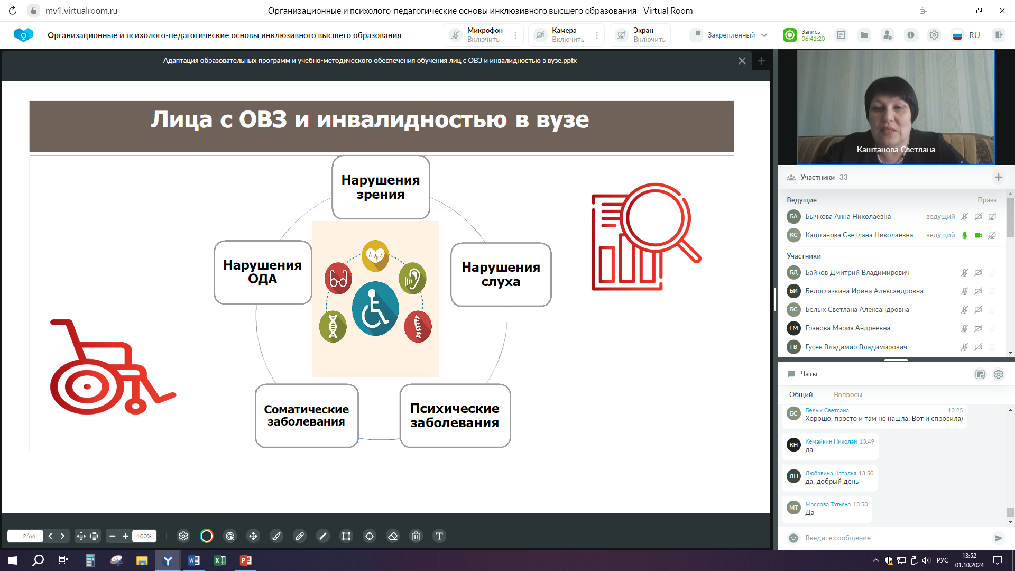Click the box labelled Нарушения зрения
pos(381,187)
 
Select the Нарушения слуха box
pos(501,274)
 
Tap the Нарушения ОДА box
pos(263,272)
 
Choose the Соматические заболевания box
pos(307,416)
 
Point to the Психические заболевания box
pos(455,416)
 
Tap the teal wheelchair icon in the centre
pos(375,309)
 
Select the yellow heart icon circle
pos(375,255)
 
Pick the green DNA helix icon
pos(333,326)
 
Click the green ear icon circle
pos(412,278)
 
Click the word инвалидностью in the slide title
pos(412,119)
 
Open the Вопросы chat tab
pos(848,394)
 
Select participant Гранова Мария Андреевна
pos(847,328)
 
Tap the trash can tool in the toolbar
pos(416,536)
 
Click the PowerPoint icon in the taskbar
pos(246,560)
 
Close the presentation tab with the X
pos(742,61)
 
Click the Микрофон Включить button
pos(483,35)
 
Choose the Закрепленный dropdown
pos(730,35)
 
